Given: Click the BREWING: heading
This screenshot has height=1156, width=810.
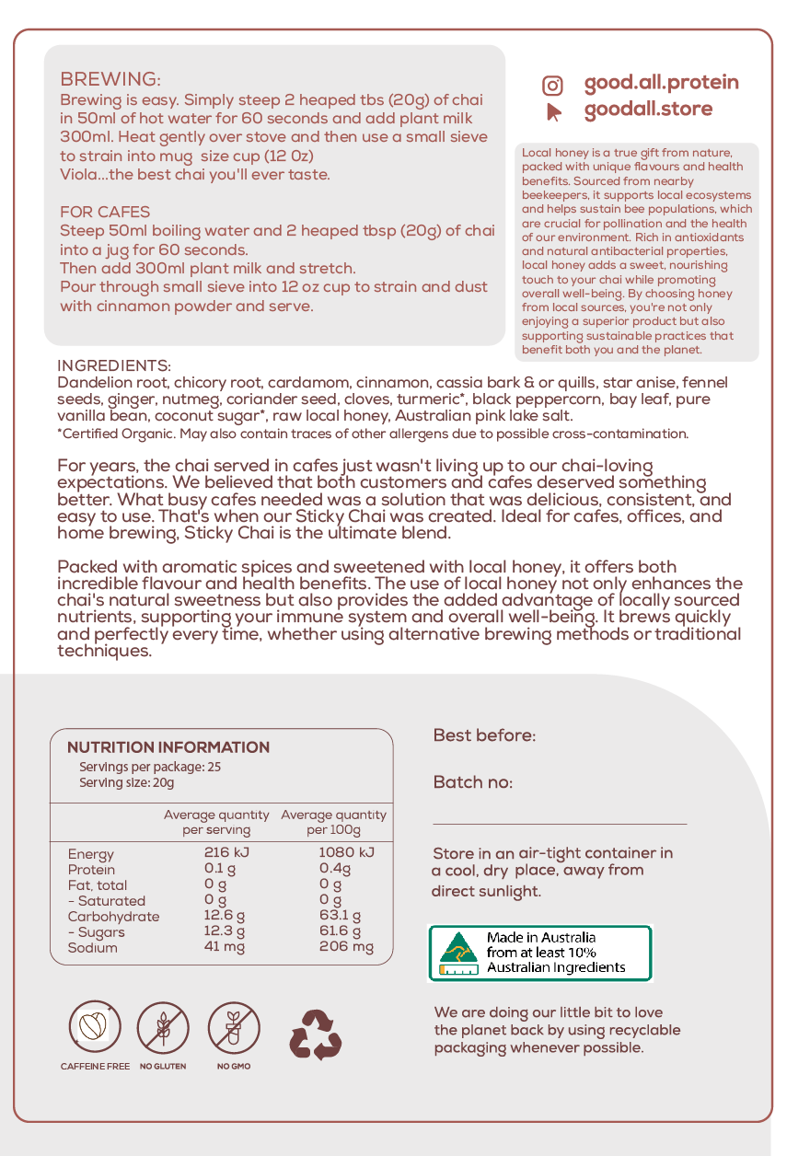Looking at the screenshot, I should click(x=110, y=79).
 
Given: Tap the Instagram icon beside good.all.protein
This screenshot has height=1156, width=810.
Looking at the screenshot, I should click(x=552, y=86).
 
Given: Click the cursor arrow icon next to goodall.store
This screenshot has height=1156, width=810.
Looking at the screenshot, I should click(x=553, y=111).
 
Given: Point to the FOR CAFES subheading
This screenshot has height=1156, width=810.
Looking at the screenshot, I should click(x=105, y=212).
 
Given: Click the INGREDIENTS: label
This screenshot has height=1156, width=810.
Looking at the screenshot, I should click(x=114, y=365).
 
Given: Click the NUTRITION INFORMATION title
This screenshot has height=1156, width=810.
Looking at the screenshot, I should click(x=168, y=747).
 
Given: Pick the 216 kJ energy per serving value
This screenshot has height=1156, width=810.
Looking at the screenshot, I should click(x=226, y=852).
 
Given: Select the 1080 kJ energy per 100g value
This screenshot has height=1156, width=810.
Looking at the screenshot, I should click(x=346, y=852).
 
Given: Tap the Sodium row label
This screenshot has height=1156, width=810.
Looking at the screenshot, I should click(x=92, y=947).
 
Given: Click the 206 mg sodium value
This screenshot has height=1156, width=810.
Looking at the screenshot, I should click(x=346, y=947).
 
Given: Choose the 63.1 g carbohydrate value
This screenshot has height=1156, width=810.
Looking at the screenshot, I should click(x=340, y=916).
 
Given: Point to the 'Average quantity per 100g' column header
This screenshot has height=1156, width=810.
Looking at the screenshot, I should click(x=333, y=822).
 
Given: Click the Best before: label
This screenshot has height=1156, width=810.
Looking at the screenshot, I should click(x=484, y=735).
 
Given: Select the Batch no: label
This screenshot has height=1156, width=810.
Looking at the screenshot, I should click(x=473, y=782).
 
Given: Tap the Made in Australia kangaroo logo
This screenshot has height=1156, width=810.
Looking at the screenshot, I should click(x=457, y=952).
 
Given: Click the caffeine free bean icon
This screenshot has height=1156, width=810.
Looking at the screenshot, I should click(x=94, y=1027).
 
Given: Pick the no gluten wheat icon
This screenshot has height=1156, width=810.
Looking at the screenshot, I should click(x=163, y=1027).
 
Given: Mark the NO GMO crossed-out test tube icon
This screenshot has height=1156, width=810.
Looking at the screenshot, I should click(x=234, y=1027).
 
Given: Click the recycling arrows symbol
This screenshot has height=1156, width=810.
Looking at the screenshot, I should click(x=316, y=1034).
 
